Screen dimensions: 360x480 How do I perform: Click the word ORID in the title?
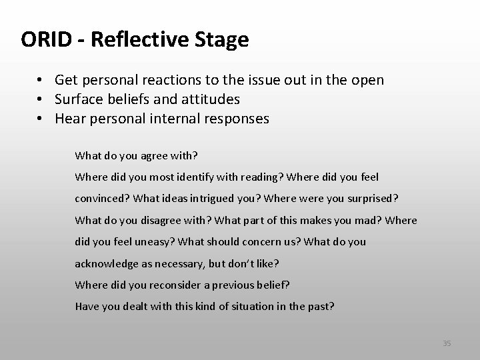click(x=45, y=40)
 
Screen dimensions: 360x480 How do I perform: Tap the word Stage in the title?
click(x=223, y=40)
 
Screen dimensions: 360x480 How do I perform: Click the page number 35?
click(x=447, y=343)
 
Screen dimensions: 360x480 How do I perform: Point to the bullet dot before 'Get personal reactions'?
click(x=41, y=81)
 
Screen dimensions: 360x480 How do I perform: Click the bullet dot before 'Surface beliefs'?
click(x=41, y=100)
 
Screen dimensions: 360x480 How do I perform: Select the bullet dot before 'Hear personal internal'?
click(x=41, y=119)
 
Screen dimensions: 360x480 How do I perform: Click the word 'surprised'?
click(x=373, y=199)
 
